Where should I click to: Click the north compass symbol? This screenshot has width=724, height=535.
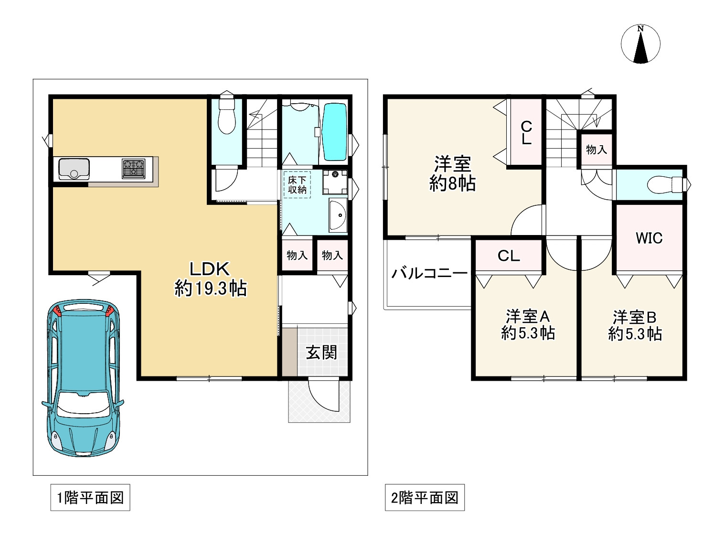coord(640,44)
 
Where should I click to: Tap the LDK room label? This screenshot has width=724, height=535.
coord(210,269)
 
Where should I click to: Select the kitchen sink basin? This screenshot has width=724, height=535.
coord(74,169)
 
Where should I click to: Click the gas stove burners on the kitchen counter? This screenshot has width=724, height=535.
coord(134,169)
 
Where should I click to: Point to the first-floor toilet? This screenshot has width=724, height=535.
coord(226,116)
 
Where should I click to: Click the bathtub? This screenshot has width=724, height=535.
coord(334,132)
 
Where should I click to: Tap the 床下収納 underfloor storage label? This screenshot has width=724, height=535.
coord(297,185)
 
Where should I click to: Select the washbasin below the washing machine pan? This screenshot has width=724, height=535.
coord(338,215)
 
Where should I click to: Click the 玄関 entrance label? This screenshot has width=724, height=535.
coord(321,353)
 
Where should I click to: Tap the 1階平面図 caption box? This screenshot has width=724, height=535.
coord(90,497)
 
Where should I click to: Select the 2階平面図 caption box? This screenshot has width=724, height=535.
coord(425,497)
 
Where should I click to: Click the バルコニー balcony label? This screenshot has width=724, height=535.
coord(429,273)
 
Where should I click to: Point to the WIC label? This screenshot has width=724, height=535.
coord(649,238)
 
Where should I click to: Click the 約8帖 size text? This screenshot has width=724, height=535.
coord(452,183)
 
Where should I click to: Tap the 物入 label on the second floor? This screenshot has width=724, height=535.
coord(596,150)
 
